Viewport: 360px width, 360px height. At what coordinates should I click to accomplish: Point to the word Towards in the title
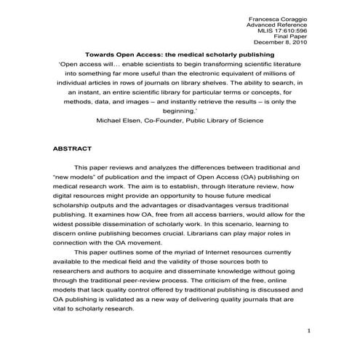[105, 55]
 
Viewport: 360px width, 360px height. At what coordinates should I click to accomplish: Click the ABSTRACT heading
[73, 148]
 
